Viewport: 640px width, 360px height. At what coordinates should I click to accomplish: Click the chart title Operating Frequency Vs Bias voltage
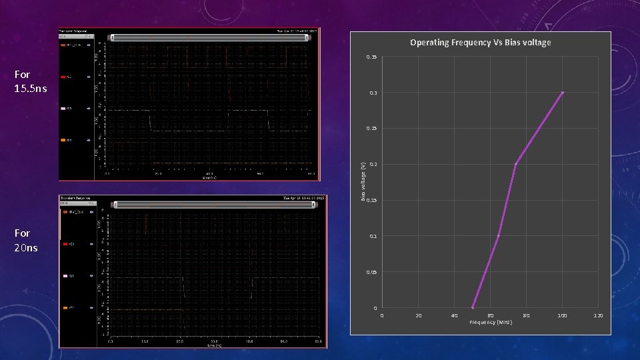(x=480, y=43)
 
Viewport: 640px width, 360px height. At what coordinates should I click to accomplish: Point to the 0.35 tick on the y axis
(x=372, y=57)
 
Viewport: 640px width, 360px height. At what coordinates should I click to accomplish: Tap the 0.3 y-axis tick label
(x=373, y=93)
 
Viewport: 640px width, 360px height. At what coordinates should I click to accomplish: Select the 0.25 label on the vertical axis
(x=372, y=129)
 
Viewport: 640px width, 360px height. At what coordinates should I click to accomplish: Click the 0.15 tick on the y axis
(x=372, y=201)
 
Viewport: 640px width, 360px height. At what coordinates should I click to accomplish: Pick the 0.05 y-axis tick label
(x=372, y=273)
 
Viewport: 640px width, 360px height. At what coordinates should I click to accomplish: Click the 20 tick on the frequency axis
(x=419, y=315)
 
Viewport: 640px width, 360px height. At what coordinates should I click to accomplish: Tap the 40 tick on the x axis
(x=455, y=315)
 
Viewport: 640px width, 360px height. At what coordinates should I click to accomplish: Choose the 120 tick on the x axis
(x=599, y=315)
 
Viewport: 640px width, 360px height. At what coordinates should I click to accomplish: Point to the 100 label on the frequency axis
(x=563, y=315)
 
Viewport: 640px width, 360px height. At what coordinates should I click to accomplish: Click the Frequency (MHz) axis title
(x=491, y=322)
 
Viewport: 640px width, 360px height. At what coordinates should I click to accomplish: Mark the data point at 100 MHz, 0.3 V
(x=563, y=93)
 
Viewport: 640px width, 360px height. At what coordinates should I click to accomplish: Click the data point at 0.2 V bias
(x=515, y=164)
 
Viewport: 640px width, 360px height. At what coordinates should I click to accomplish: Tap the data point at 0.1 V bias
(x=498, y=236)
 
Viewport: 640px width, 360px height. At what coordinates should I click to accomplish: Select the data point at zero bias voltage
(x=473, y=307)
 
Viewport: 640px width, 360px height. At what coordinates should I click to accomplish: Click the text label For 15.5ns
(x=31, y=81)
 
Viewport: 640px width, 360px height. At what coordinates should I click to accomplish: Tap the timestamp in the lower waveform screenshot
(x=303, y=198)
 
